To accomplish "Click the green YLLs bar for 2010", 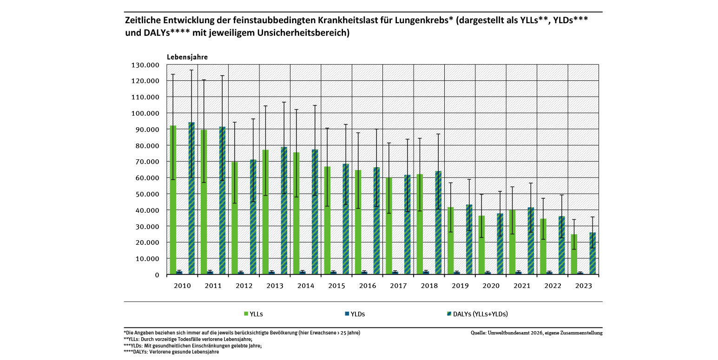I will point(173,200).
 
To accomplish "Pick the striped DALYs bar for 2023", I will point(593,254).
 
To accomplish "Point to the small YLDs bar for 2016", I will point(364,273).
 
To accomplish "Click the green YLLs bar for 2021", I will point(512,242).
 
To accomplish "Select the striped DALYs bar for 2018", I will point(438,223).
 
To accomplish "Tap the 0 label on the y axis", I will point(157,275).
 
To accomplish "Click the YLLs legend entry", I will point(253,314).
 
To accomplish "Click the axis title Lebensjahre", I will point(187,57).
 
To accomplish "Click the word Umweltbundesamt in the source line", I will point(509,333).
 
